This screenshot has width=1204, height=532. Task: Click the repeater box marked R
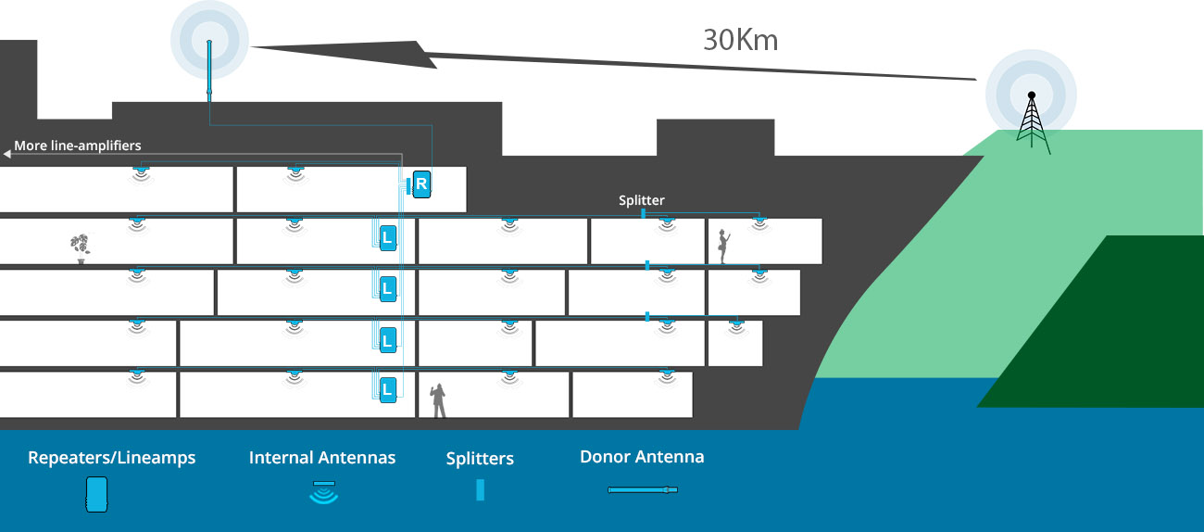421,184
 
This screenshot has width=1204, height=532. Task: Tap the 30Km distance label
741,41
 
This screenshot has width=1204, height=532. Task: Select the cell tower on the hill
1032,122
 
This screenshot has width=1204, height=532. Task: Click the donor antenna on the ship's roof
209,70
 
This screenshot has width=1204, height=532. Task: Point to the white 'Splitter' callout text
641,200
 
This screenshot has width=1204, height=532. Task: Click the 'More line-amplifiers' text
78,146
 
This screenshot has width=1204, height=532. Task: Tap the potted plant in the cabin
81,248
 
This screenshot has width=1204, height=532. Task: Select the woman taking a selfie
723,247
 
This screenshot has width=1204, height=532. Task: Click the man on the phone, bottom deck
438,400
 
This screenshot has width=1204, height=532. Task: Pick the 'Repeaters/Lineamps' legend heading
112,458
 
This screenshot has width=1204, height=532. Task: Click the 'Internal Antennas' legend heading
322,458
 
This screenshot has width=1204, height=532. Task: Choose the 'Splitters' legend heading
480,458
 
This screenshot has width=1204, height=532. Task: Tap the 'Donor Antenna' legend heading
642,457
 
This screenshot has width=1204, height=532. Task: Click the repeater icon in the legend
96,494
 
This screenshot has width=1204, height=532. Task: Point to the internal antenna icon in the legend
323,493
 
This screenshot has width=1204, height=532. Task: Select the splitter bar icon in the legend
481,490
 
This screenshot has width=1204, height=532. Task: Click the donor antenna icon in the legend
643,489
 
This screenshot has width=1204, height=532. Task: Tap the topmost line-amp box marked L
388,238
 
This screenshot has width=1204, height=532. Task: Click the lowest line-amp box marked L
388,390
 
